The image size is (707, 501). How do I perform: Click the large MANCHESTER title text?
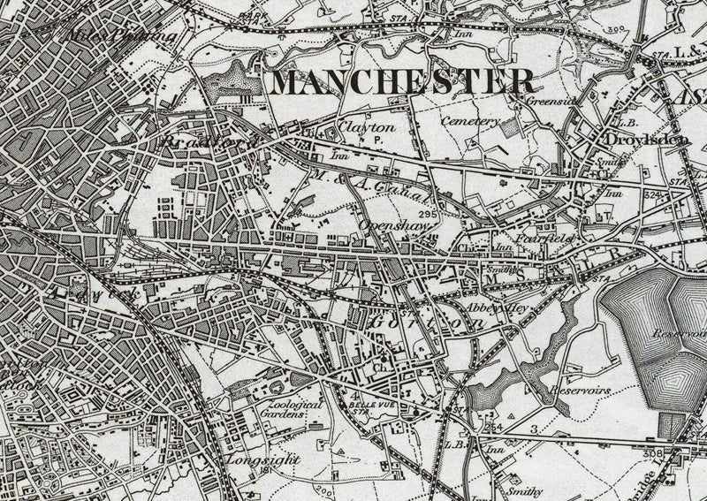pos(403,81)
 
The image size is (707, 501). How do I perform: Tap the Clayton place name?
pos(365,126)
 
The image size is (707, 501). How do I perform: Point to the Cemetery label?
pos(471,120)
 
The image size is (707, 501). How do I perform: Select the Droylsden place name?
pos(646,140)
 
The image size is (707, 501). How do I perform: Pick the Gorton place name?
pos(426,323)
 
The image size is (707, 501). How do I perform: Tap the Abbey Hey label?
pos(496,308)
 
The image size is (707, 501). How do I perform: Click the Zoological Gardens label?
pos(294,407)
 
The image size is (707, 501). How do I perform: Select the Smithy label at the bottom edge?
pos(523,489)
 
